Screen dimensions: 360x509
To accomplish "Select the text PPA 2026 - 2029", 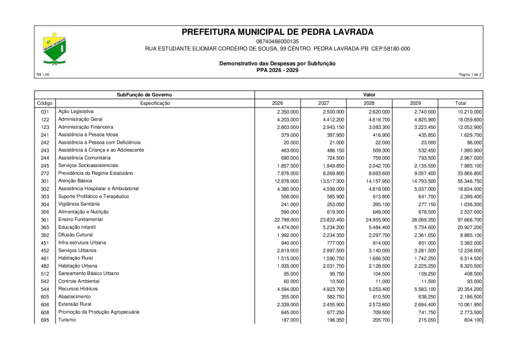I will tap(277, 70).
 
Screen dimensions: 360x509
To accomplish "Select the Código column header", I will tap(45, 103).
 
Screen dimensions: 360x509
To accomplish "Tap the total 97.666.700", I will tap(467, 220).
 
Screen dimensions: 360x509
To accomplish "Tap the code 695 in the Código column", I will tap(45, 320).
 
